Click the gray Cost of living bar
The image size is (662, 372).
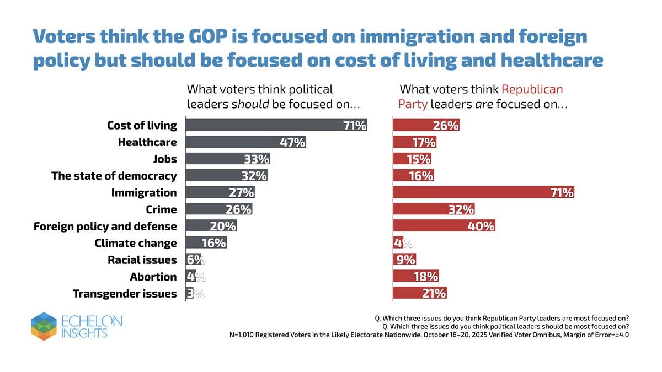(276, 125)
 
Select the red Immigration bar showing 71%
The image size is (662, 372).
(483, 192)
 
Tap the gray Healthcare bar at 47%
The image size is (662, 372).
(245, 142)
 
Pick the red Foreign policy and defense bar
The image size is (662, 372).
(444, 226)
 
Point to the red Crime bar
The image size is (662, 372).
(433, 209)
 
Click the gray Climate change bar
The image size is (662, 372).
(206, 243)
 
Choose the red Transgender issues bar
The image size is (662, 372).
(419, 293)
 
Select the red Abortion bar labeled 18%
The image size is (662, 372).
(415, 277)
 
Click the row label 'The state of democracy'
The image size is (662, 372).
(114, 176)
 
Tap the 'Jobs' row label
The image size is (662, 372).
(165, 159)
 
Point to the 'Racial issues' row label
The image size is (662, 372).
(142, 260)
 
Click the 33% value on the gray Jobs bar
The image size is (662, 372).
(257, 159)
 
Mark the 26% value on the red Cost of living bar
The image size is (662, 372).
(446, 125)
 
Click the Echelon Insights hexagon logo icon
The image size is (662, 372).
(44, 326)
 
